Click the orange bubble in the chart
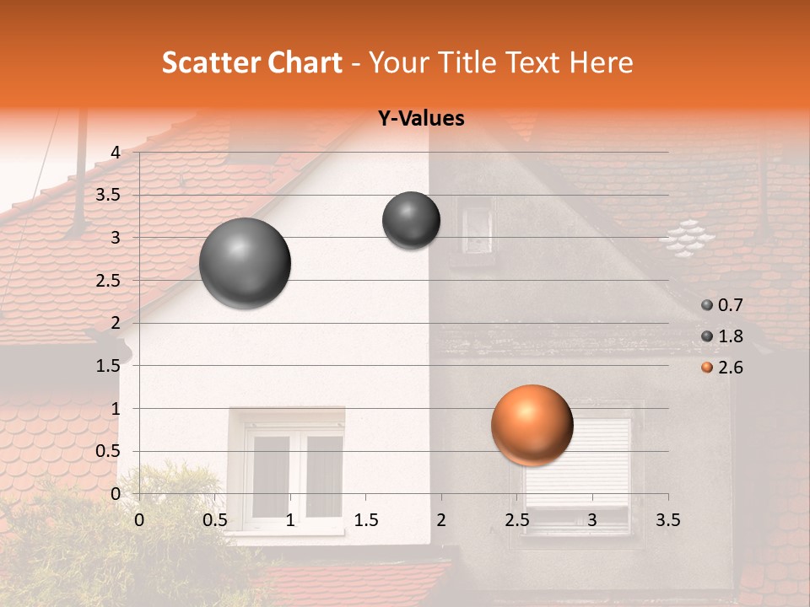(x=532, y=425)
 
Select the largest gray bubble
(x=245, y=263)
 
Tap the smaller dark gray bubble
(x=411, y=220)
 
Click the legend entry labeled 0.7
(x=722, y=305)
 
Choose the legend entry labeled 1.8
(x=722, y=336)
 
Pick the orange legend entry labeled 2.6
(x=722, y=368)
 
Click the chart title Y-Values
(x=421, y=119)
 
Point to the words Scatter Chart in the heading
(x=252, y=62)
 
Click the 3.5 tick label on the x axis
(x=668, y=520)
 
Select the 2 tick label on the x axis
(x=441, y=520)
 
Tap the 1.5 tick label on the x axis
(x=365, y=520)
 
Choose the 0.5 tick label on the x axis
(x=214, y=520)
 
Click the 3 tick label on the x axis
(x=592, y=520)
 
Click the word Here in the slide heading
(x=601, y=62)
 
